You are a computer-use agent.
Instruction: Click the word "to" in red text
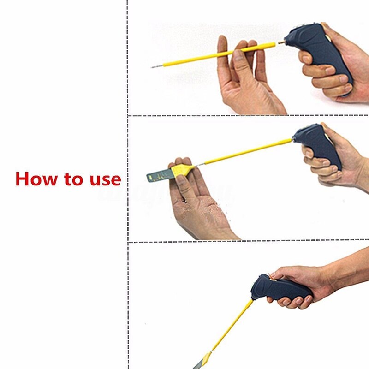coord(75,179)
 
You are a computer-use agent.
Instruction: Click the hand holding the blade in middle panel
coord(198,203)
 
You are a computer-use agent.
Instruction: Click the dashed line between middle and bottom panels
coord(249,241)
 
